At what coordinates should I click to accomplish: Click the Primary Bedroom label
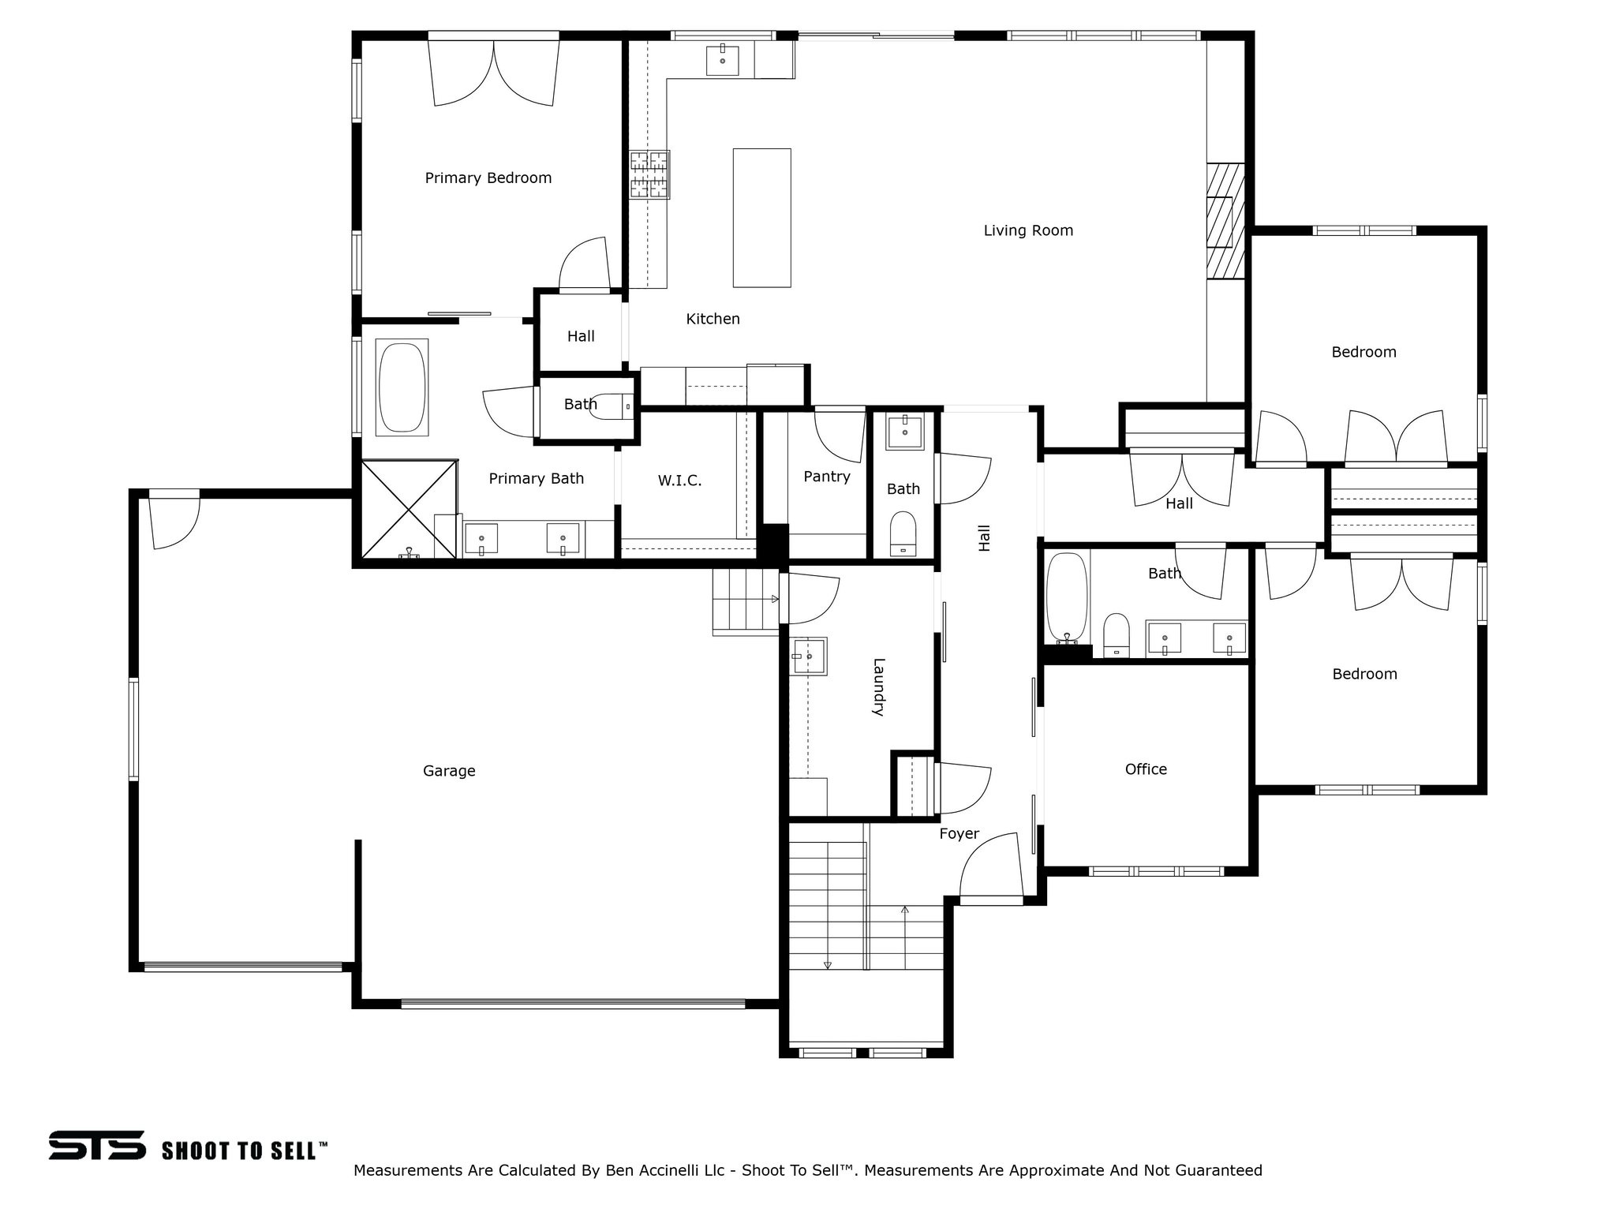(488, 178)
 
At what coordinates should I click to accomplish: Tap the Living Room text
(1027, 230)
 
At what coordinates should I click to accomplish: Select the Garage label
(449, 771)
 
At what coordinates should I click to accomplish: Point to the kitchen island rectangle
(761, 218)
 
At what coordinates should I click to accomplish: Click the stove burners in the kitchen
(649, 174)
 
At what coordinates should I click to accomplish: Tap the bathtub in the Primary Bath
(402, 387)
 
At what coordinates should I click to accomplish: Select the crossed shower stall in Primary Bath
(409, 509)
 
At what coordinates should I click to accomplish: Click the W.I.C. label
(679, 481)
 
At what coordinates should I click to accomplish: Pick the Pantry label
(826, 477)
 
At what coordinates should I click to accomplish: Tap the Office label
(1145, 769)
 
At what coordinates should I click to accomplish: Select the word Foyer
(959, 834)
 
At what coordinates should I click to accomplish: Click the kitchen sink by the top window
(722, 60)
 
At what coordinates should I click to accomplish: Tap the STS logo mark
(97, 1145)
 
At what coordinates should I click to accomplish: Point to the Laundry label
(878, 686)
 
